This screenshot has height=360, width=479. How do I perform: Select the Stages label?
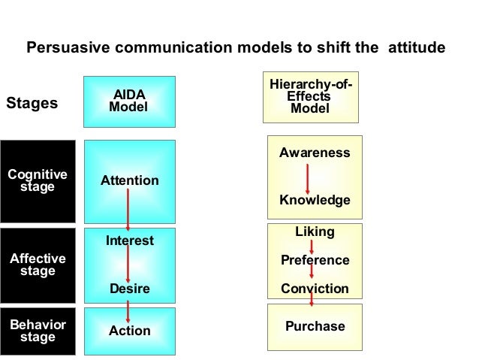point(32,104)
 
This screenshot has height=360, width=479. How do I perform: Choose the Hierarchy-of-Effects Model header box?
point(310,97)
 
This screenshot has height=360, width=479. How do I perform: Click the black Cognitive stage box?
point(38,180)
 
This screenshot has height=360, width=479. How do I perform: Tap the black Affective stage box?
point(38,265)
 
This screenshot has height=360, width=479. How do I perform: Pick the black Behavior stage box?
point(38,331)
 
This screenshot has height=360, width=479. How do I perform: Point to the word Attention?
point(129,181)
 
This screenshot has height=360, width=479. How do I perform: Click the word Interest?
point(129,241)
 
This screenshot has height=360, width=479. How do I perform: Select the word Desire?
point(129,289)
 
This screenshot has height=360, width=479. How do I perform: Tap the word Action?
point(129,331)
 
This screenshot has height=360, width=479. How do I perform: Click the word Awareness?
point(314,153)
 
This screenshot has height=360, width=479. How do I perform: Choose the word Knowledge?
point(314,201)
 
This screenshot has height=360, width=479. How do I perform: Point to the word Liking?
point(314,234)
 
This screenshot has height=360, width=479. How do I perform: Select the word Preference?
point(314,260)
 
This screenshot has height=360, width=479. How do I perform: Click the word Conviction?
point(314,289)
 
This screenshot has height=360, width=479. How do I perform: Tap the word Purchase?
point(314,326)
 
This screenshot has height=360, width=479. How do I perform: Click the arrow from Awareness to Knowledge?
point(308,177)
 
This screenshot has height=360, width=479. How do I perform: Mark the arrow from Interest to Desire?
point(129,265)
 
